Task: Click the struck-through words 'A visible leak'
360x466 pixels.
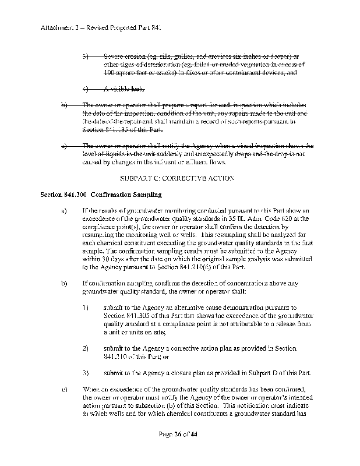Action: point(123,89)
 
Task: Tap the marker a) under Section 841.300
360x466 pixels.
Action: point(63,210)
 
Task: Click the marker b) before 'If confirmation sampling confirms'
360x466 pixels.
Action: point(63,283)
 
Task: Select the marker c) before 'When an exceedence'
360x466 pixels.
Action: point(63,389)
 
